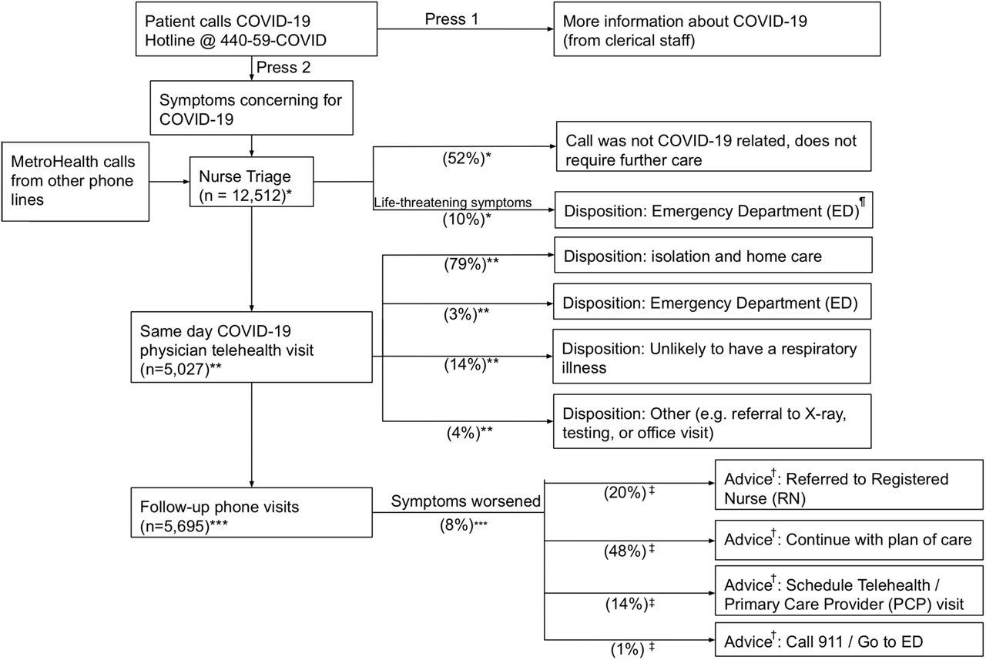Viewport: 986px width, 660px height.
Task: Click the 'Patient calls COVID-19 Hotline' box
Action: pos(257,29)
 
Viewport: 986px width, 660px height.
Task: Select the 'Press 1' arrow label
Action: pos(451,19)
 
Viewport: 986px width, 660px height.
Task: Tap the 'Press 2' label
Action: pos(283,67)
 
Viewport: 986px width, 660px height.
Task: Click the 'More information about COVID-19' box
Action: pos(717,29)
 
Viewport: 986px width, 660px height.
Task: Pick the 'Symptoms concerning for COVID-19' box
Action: pos(251,108)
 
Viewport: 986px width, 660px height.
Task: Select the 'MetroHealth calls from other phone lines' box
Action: pos(75,181)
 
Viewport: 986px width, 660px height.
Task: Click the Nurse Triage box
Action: pos(251,182)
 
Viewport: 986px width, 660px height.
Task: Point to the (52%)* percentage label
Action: pos(467,159)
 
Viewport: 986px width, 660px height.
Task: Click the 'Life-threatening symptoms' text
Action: pos(452,203)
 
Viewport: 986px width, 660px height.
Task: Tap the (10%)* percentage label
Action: pos(467,219)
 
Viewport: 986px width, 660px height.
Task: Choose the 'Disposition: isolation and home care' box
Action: pos(713,255)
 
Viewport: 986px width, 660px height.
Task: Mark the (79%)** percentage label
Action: pos(471,264)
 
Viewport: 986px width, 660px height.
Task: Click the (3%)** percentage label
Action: pos(466,314)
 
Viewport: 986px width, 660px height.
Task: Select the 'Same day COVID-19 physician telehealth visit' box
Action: pos(251,347)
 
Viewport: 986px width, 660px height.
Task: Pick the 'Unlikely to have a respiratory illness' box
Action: pos(712,357)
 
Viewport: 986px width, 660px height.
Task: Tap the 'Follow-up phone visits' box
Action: pos(251,513)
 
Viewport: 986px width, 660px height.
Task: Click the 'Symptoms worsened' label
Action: pos(466,501)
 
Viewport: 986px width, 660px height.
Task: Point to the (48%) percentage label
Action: pos(629,551)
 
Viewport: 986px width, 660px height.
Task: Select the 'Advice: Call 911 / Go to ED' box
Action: pos(849,641)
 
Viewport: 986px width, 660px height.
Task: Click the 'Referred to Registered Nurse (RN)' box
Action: pos(849,485)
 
